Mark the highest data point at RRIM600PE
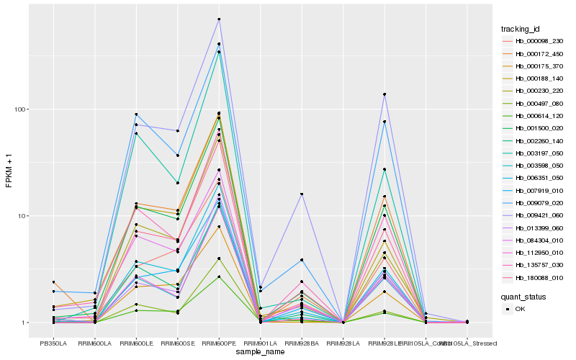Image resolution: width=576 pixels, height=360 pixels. [x=219, y=19]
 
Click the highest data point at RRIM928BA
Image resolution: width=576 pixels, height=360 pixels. [x=302, y=194]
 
